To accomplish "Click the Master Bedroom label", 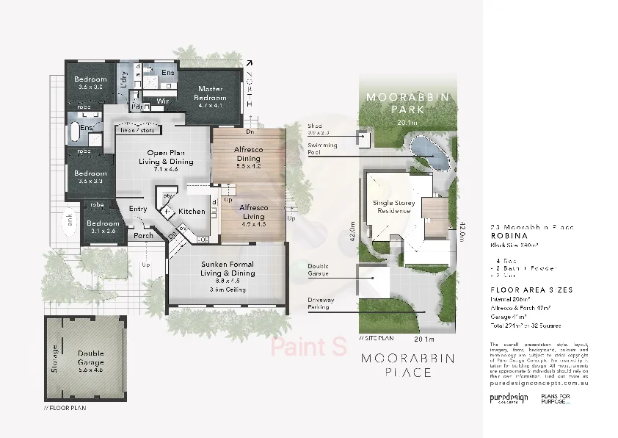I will [x=209, y=93].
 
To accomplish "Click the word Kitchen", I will [x=192, y=212].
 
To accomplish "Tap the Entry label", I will [x=138, y=209].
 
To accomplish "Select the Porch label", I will [x=144, y=237].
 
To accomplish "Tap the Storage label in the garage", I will [x=54, y=357].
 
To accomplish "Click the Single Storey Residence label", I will [x=394, y=207].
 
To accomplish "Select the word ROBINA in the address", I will [x=507, y=237].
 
